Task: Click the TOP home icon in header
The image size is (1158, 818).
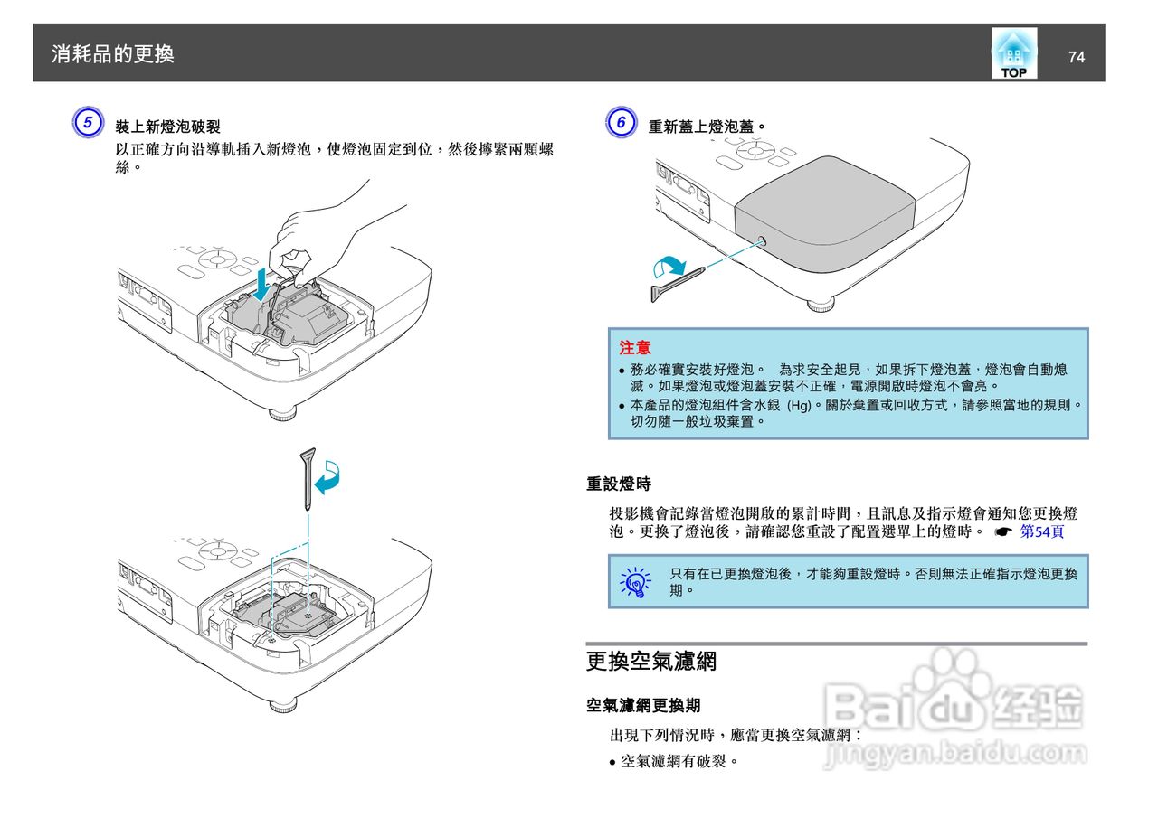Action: click(x=1013, y=53)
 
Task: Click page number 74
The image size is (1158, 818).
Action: click(x=1076, y=57)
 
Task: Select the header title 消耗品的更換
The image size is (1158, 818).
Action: click(x=113, y=54)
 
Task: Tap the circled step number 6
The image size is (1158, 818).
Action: click(x=620, y=124)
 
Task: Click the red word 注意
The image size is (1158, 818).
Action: click(x=634, y=348)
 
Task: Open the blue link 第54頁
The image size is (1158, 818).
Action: click(x=1041, y=531)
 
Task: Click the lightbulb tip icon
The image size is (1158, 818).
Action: click(x=636, y=582)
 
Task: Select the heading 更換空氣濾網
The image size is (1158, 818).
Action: click(x=651, y=662)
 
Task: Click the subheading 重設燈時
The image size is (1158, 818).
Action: click(x=619, y=485)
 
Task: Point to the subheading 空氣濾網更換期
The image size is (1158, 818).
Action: click(x=643, y=705)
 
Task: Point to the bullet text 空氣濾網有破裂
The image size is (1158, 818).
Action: click(x=679, y=761)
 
